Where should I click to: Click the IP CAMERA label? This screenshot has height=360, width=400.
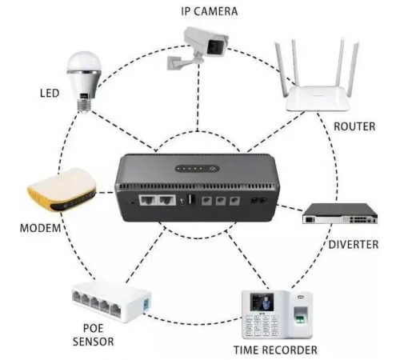(x=210, y=11)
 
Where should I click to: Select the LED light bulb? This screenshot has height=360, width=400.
(x=84, y=82)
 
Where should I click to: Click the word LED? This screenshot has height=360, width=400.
(x=50, y=94)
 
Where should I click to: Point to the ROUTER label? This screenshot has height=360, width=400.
(x=354, y=126)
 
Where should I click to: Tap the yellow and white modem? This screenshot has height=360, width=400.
(x=62, y=190)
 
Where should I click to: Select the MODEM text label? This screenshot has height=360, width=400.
(x=40, y=228)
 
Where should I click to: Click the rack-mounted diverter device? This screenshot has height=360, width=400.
(x=340, y=214)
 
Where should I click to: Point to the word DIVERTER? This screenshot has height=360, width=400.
(x=354, y=245)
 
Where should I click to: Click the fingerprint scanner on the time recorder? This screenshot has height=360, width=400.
(x=301, y=315)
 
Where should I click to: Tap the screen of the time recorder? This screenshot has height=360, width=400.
(x=262, y=302)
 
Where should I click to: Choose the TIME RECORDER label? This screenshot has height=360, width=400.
(x=275, y=350)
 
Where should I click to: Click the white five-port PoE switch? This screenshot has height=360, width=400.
(x=111, y=302)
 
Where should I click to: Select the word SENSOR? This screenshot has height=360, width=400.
(x=94, y=342)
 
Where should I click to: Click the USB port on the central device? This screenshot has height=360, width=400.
(x=191, y=199)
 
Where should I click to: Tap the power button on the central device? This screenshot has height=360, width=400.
(x=212, y=169)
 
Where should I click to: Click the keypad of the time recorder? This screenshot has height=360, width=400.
(x=262, y=326)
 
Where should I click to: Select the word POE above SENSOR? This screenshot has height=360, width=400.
(x=93, y=328)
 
